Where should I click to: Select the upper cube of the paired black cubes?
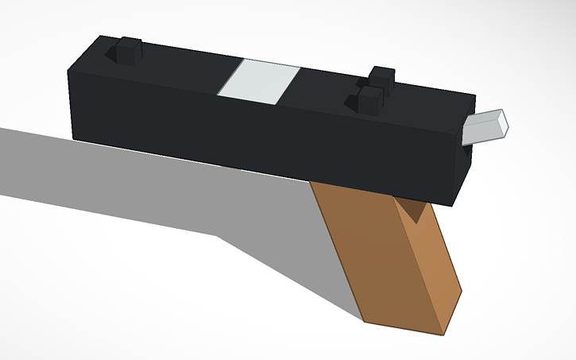click(382, 78)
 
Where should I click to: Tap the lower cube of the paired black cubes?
click(367, 100)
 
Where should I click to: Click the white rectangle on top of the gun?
click(259, 82)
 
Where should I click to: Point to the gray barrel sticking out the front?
click(485, 127)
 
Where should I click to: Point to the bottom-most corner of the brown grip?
click(442, 332)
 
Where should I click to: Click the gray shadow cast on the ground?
click(119, 183)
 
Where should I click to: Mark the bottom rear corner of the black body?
click(73, 137)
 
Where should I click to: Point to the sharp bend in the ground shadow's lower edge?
click(216, 236)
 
